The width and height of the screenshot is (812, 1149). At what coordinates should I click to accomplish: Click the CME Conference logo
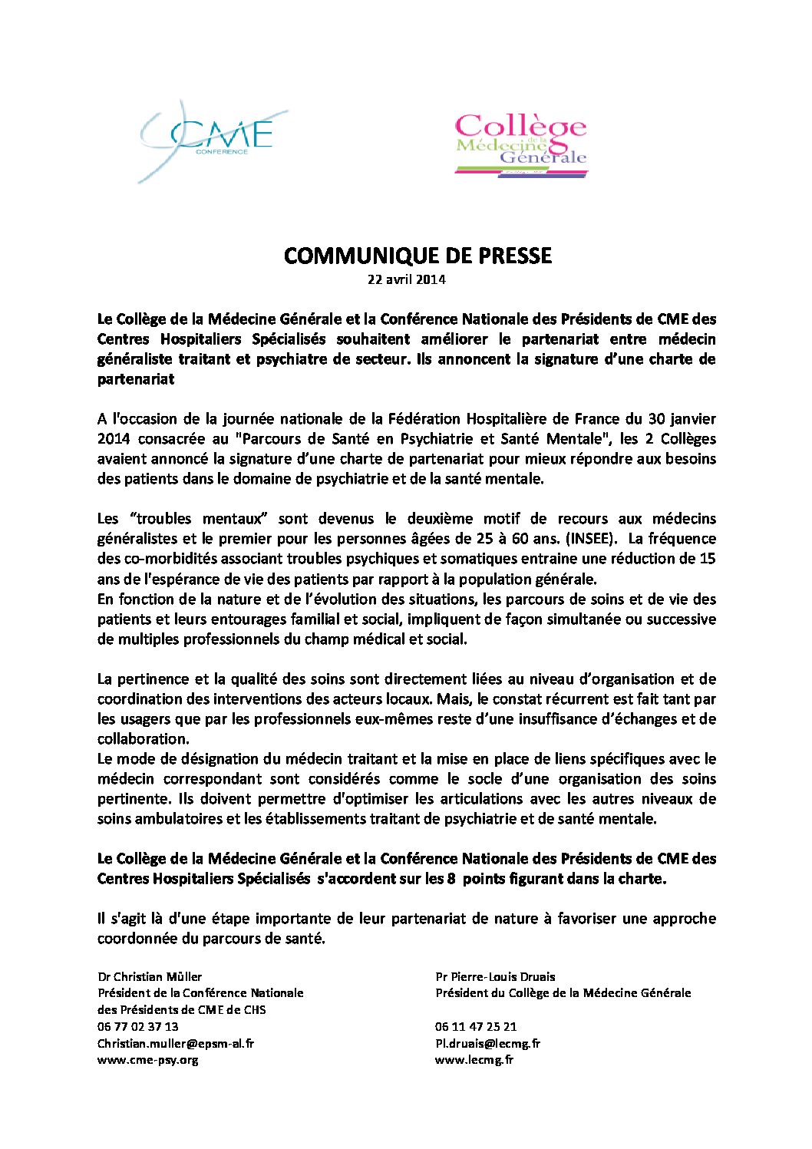(211, 140)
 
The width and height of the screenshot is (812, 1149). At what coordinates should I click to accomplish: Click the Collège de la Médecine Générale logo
(520, 146)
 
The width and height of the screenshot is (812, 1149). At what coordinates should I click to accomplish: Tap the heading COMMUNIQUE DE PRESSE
(418, 256)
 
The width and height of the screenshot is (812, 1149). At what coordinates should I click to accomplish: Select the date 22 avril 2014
(406, 279)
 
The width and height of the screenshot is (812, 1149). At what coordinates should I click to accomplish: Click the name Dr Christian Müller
(150, 977)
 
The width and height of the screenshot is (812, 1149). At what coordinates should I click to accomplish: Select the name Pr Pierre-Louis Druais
(495, 977)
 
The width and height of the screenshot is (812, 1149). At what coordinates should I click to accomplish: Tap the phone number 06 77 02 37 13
(137, 1027)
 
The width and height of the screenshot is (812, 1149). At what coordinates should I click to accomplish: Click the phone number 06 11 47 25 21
(475, 1027)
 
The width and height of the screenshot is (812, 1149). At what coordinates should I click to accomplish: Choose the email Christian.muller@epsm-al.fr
(175, 1044)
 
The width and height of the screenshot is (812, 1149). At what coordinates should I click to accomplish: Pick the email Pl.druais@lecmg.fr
(487, 1044)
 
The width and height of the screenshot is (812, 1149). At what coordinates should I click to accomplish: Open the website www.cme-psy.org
(147, 1060)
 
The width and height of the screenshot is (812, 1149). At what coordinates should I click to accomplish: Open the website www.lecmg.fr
(474, 1060)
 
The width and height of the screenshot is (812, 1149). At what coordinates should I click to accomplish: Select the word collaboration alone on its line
(142, 739)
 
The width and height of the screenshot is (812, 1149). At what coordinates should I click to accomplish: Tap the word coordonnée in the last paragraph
(137, 939)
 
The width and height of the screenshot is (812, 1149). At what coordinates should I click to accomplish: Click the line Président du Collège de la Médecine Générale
(563, 993)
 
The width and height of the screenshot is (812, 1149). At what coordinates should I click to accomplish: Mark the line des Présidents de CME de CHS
(181, 1010)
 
